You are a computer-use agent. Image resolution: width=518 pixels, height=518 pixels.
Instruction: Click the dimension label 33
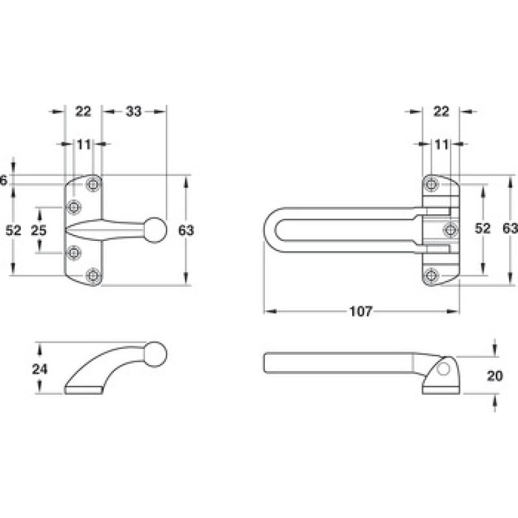tap(133, 111)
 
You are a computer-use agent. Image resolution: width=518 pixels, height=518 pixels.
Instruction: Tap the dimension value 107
tap(361, 311)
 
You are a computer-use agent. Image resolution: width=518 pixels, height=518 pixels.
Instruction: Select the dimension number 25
tap(39, 231)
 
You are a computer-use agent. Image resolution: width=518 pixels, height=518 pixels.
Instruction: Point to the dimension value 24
tap(39, 369)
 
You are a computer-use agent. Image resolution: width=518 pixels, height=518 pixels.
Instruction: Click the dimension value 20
tap(495, 376)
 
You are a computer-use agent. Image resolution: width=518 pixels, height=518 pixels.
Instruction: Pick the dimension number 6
tap(3, 181)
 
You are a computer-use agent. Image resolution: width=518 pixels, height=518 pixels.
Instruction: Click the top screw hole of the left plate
tap(93, 184)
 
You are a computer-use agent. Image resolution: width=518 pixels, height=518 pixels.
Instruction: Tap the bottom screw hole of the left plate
tap(93, 275)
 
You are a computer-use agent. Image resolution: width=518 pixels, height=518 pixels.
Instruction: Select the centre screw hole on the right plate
tap(451, 229)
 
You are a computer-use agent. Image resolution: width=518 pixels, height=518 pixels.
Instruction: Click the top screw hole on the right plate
tap(431, 184)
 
